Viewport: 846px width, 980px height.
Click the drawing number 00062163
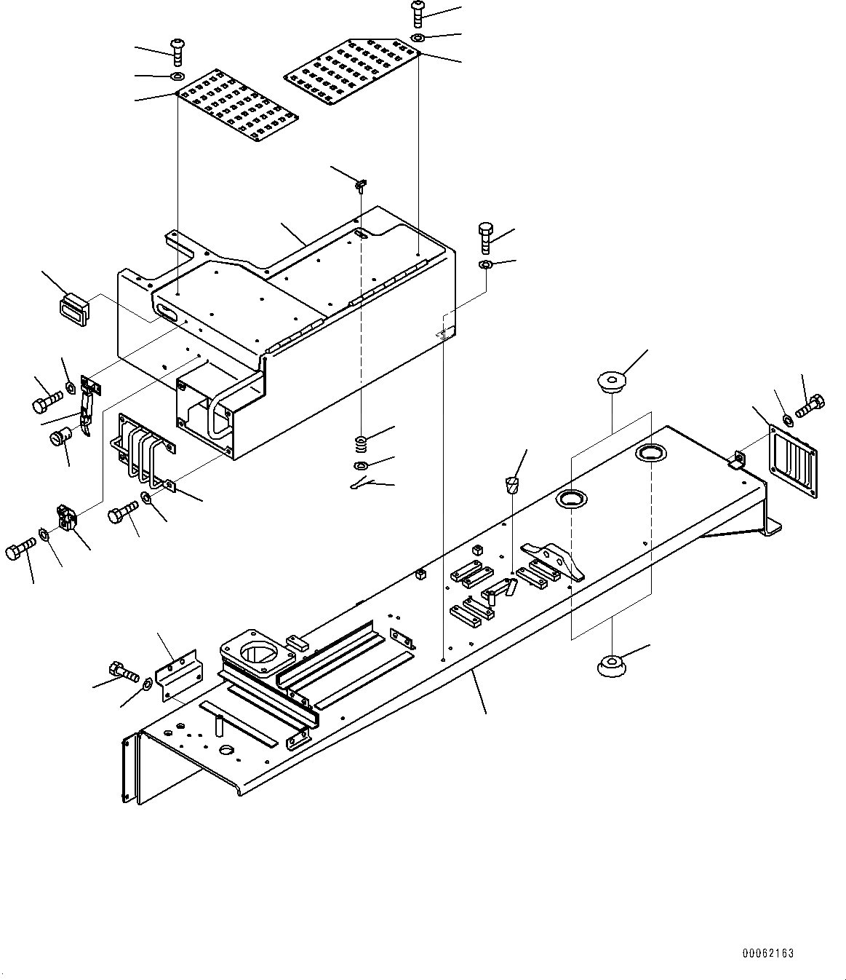coord(767,953)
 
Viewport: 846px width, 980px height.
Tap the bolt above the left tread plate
coord(178,51)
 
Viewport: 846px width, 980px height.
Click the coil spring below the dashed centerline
coord(362,441)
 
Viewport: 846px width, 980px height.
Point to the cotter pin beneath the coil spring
coord(362,484)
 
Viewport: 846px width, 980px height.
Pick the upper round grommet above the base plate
coord(612,381)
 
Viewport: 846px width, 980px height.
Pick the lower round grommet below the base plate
coord(612,665)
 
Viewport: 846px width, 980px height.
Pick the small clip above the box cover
coord(361,185)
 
